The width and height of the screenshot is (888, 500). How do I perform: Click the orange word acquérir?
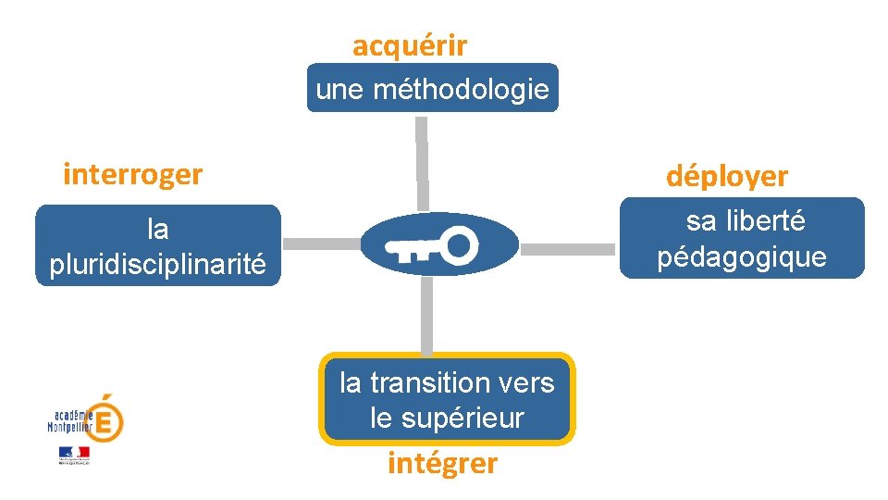[x=410, y=45]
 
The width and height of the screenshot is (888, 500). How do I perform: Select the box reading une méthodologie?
[x=432, y=88]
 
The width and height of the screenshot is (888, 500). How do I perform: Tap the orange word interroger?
[x=132, y=174]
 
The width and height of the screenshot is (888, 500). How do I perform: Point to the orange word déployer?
[x=727, y=176]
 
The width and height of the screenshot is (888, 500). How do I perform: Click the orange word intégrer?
[x=442, y=462]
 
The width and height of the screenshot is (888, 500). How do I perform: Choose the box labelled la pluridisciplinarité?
[x=157, y=245]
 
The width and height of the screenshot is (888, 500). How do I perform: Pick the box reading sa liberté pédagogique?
[x=742, y=238]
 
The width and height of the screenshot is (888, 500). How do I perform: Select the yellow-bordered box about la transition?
[x=447, y=399]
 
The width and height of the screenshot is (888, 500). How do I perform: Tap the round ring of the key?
[x=459, y=244]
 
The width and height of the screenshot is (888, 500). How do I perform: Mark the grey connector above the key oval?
[x=422, y=163]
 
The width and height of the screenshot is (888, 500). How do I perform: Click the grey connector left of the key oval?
[x=320, y=244]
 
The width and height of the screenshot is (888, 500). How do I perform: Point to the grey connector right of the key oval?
[x=574, y=249]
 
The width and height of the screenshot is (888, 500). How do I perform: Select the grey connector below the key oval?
[x=426, y=316]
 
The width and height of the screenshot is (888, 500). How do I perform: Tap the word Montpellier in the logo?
[x=70, y=427]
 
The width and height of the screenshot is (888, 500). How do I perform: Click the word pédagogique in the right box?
[x=742, y=256]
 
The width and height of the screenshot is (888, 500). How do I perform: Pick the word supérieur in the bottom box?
[x=447, y=418]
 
